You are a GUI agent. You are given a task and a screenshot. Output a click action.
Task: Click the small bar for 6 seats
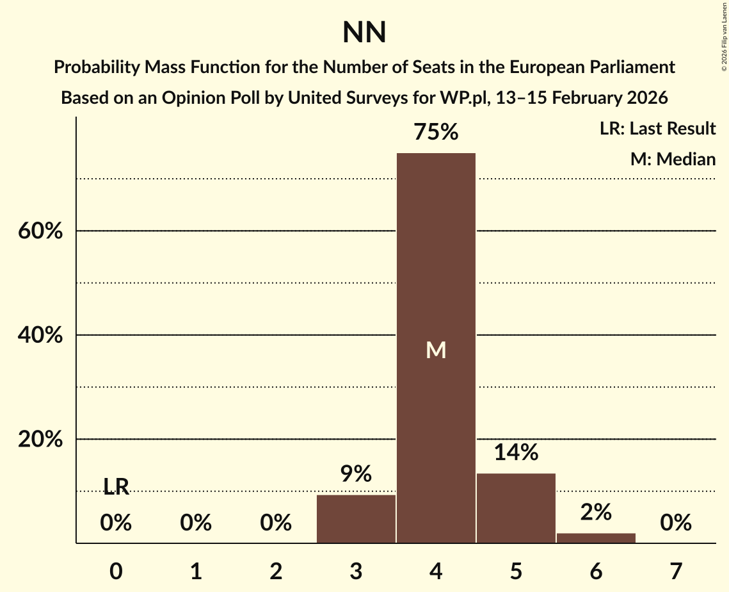(596, 538)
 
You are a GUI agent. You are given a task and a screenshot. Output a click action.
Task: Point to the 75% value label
(436, 133)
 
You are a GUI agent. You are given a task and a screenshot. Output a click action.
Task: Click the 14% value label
(516, 453)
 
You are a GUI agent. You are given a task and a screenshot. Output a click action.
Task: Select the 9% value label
(356, 475)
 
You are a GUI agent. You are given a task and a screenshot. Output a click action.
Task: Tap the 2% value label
(596, 512)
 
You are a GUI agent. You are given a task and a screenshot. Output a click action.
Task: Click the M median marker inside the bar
(436, 350)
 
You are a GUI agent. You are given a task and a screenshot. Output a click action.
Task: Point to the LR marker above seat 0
(116, 488)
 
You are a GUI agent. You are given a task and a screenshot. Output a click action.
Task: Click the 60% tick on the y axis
(40, 231)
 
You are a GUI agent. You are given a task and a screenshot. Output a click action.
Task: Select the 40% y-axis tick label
(40, 336)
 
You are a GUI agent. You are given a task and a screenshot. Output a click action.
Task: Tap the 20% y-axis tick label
(40, 440)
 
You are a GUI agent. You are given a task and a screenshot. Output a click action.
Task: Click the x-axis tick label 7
(676, 571)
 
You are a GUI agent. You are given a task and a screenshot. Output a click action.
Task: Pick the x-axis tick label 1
(196, 571)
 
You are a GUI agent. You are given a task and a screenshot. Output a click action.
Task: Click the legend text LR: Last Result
(657, 129)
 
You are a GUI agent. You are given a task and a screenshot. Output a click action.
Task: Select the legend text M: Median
(673, 159)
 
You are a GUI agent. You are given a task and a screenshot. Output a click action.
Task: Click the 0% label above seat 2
(276, 523)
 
